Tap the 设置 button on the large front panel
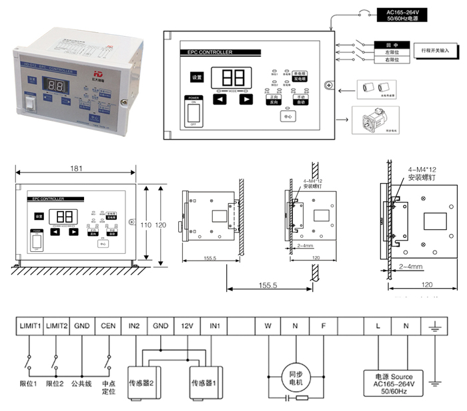[x=197, y=77]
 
